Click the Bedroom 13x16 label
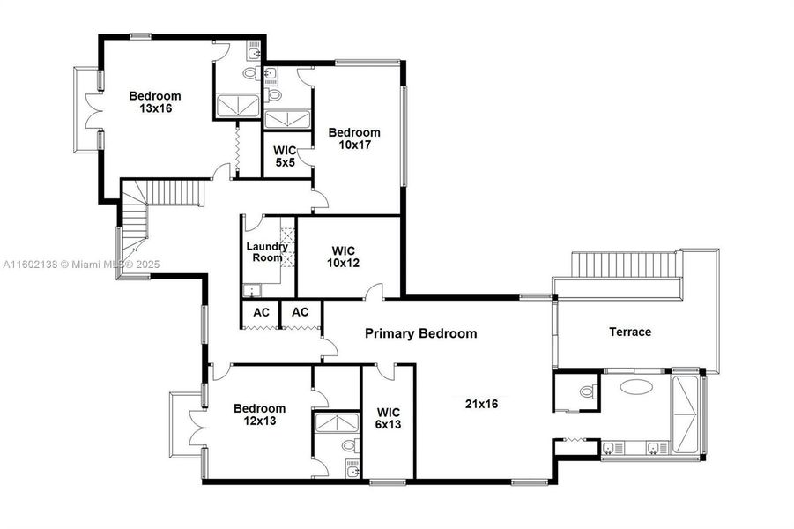[x=155, y=102]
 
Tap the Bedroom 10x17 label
[x=354, y=138]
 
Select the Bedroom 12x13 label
[x=259, y=414]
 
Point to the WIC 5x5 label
[x=285, y=156]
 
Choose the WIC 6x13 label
[x=389, y=417]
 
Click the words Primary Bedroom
[x=421, y=333]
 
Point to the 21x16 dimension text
[x=482, y=404]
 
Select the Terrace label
[x=630, y=332]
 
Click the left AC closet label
[x=261, y=312]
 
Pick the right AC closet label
[x=301, y=312]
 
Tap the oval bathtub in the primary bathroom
[x=636, y=386]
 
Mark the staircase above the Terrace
[x=627, y=264]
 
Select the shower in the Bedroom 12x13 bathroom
[x=337, y=424]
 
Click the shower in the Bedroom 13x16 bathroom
[x=238, y=106]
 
